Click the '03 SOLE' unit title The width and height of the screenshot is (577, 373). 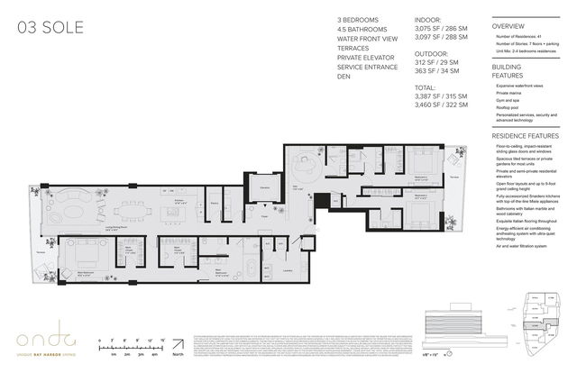pyautogui.click(x=50, y=28)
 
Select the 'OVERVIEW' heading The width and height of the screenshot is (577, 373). pyautogui.click(x=508, y=26)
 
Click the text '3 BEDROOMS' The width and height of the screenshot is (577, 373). pyautogui.click(x=357, y=19)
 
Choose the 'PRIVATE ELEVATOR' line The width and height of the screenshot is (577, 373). pyautogui.click(x=366, y=55)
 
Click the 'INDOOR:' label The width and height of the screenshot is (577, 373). pyautogui.click(x=426, y=19)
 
